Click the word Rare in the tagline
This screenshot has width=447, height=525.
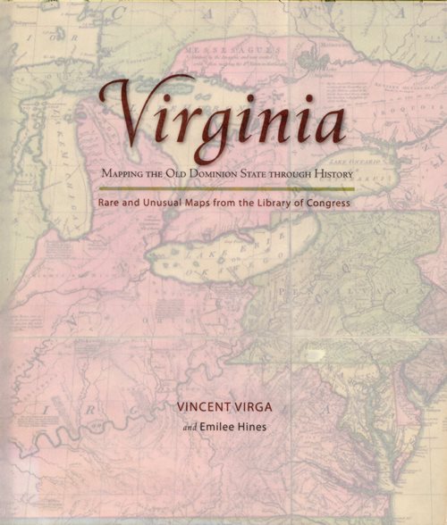tap(111, 202)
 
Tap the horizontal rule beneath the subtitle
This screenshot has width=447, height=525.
tap(227, 187)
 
